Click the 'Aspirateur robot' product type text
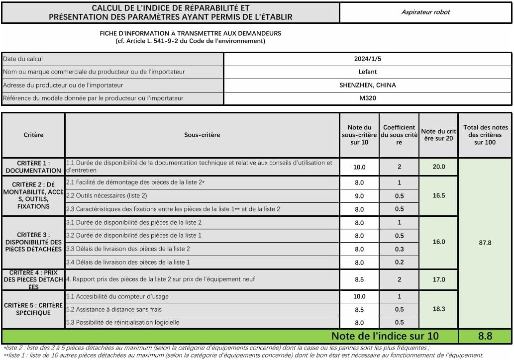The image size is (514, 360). tap(425, 12)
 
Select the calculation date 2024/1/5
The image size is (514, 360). tap(368, 59)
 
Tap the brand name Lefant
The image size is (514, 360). tap(368, 72)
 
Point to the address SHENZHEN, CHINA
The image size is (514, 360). tap(368, 85)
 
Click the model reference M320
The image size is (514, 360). tap(368, 98)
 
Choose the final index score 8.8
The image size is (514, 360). tap(485, 336)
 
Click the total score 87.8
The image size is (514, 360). tap(485, 243)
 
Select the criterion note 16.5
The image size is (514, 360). tap(438, 196)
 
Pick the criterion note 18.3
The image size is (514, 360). tap(438, 309)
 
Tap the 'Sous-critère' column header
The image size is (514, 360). tap(202, 135)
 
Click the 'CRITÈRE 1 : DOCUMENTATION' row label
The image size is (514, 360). tap(33, 167)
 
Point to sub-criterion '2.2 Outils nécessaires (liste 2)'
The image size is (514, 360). tap(106, 196)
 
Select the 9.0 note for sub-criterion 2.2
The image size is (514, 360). tap(359, 196)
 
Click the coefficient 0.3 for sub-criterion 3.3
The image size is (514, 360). tap(399, 249)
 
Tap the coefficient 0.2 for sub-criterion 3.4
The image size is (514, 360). tap(399, 262)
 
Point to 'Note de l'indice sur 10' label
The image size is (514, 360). tap(385, 336)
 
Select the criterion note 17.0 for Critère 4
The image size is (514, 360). tap(438, 279)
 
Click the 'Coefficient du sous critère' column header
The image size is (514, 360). tap(399, 135)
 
